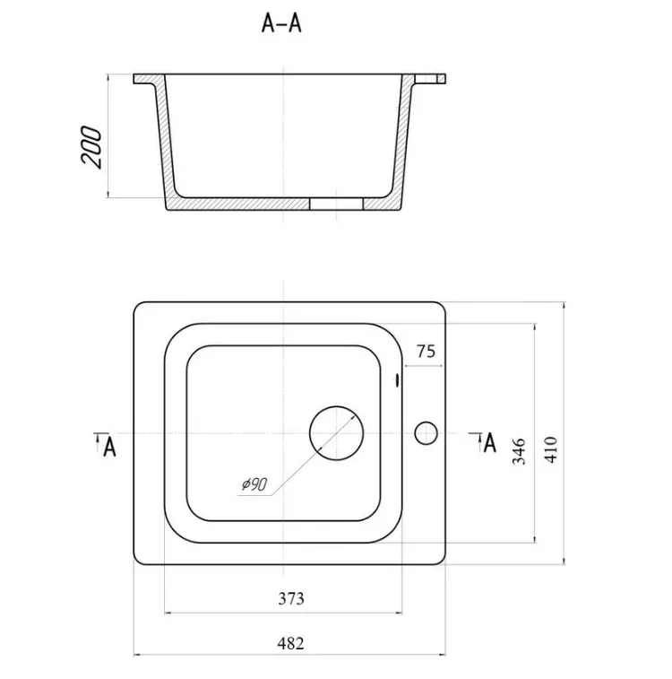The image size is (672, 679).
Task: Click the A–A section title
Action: click(x=281, y=23)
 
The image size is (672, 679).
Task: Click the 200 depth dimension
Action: click(x=91, y=147)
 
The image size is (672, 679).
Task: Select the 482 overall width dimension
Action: click(x=290, y=643)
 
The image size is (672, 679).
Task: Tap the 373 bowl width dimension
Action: click(x=291, y=598)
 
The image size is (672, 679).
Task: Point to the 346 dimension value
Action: click(x=519, y=451)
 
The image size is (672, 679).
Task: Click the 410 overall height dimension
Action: click(x=551, y=450)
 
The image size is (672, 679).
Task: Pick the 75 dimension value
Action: click(x=426, y=352)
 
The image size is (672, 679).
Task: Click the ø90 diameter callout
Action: click(x=254, y=484)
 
